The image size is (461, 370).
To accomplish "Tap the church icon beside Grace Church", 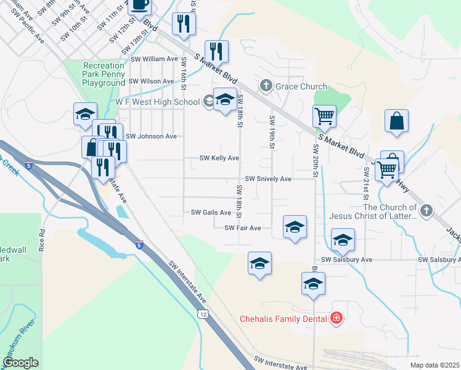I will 266,86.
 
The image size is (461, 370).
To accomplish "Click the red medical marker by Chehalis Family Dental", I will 336,318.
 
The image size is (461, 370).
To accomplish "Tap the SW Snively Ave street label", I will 268,179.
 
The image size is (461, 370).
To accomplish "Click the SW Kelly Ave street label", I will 219,158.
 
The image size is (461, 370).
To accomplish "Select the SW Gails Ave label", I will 211,213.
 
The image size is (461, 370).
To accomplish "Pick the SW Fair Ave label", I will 243,228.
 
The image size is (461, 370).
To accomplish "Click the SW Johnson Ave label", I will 151,136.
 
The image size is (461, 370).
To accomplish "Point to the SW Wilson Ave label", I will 152,81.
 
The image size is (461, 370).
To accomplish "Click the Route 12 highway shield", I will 203,314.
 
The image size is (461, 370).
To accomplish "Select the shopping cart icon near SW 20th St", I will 324,115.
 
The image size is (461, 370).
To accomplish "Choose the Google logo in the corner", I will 20,363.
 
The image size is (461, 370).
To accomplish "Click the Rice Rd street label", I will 43,241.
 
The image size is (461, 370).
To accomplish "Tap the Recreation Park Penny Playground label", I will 104,74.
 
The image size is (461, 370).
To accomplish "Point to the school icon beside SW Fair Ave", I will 295,226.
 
